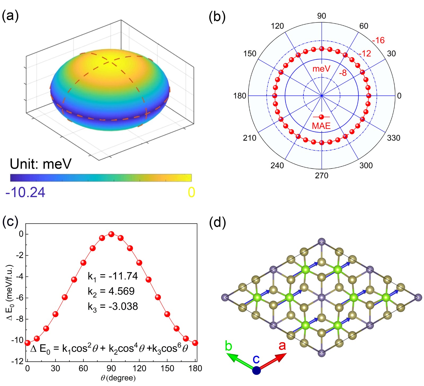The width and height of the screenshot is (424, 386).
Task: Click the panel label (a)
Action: point(10,16)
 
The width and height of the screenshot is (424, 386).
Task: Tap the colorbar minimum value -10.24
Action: point(25,192)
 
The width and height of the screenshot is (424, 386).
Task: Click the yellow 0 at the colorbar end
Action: point(191,192)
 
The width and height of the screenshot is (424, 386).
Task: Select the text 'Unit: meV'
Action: point(41,164)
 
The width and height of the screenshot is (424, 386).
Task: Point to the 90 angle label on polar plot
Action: point(321,16)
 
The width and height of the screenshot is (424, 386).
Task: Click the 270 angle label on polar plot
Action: point(321,175)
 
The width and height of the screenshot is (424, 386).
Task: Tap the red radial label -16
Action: point(378,40)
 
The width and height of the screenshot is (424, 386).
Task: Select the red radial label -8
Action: point(343,73)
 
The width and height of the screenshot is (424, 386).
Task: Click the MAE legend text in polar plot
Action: point(321,126)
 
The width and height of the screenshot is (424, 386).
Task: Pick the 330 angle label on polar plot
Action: point(394,138)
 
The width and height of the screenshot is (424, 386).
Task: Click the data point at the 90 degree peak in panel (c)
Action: point(111,234)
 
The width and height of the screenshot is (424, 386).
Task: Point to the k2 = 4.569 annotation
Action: point(111,291)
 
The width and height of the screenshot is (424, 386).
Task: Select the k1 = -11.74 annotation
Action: point(113,276)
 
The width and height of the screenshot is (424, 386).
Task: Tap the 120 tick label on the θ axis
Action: point(139,368)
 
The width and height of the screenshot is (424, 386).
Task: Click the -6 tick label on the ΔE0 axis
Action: point(19,298)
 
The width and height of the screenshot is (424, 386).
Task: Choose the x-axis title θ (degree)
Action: point(118,378)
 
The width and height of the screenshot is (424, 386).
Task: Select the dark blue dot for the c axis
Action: point(256,370)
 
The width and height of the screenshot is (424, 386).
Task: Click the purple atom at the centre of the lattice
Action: point(321,298)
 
